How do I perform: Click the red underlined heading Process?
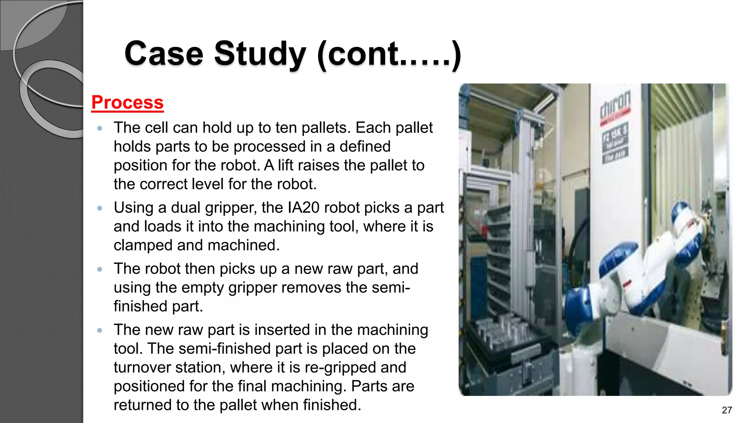[x=127, y=102]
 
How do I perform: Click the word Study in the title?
[x=259, y=54]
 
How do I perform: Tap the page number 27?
[x=727, y=410]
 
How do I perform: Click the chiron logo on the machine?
[x=615, y=104]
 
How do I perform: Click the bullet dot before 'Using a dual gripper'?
[x=100, y=208]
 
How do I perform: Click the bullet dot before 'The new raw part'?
[x=100, y=330]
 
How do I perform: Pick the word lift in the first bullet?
[x=285, y=165]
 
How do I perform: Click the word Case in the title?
[x=164, y=54]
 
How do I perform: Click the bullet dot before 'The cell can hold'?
[x=100, y=129]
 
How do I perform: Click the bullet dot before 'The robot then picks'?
[x=100, y=269]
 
